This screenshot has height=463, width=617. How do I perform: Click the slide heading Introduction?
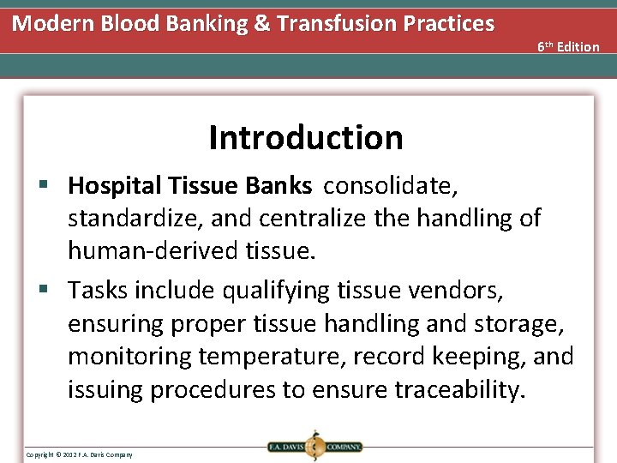(x=305, y=137)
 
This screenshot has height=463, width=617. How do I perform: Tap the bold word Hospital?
(x=116, y=186)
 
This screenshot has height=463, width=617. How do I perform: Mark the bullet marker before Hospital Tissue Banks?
(x=51, y=186)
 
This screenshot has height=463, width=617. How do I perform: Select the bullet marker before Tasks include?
(x=51, y=291)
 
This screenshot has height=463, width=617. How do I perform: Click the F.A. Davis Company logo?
(x=314, y=446)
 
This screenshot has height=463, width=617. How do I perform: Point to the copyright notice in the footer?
(x=79, y=454)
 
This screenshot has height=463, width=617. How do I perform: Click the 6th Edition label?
(x=568, y=46)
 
